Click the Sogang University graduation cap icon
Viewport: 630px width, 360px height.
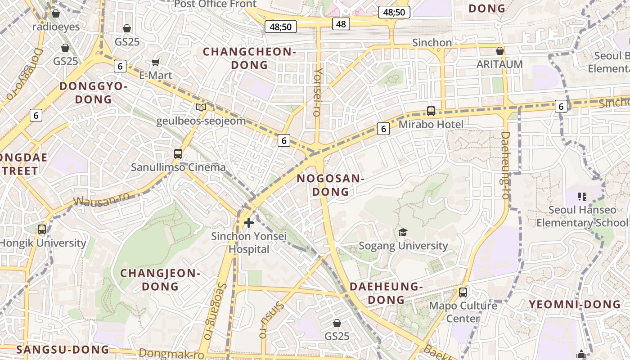(x=403, y=232)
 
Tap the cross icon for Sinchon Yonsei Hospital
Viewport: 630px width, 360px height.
(x=248, y=222)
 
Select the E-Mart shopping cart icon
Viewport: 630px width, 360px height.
(x=156, y=63)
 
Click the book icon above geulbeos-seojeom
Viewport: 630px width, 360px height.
(x=201, y=108)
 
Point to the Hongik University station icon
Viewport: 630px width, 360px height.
(x=42, y=229)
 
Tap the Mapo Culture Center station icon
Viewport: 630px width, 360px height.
(x=463, y=292)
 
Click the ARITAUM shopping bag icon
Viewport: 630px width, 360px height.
(x=499, y=51)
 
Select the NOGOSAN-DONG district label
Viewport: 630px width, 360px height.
(x=330, y=185)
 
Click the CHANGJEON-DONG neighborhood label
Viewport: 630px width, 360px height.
(x=160, y=279)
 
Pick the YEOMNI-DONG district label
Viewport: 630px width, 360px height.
(x=575, y=304)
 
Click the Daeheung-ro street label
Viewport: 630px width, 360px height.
(x=505, y=165)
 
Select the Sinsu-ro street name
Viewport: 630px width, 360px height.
(x=271, y=319)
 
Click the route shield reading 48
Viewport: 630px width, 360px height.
(x=341, y=24)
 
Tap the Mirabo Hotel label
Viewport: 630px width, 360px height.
(x=431, y=124)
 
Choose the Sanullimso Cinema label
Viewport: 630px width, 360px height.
(x=178, y=167)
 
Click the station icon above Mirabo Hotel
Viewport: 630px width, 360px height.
(x=431, y=111)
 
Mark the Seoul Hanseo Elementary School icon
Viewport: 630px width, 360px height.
(x=582, y=196)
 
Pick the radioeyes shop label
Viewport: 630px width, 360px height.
(x=56, y=27)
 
